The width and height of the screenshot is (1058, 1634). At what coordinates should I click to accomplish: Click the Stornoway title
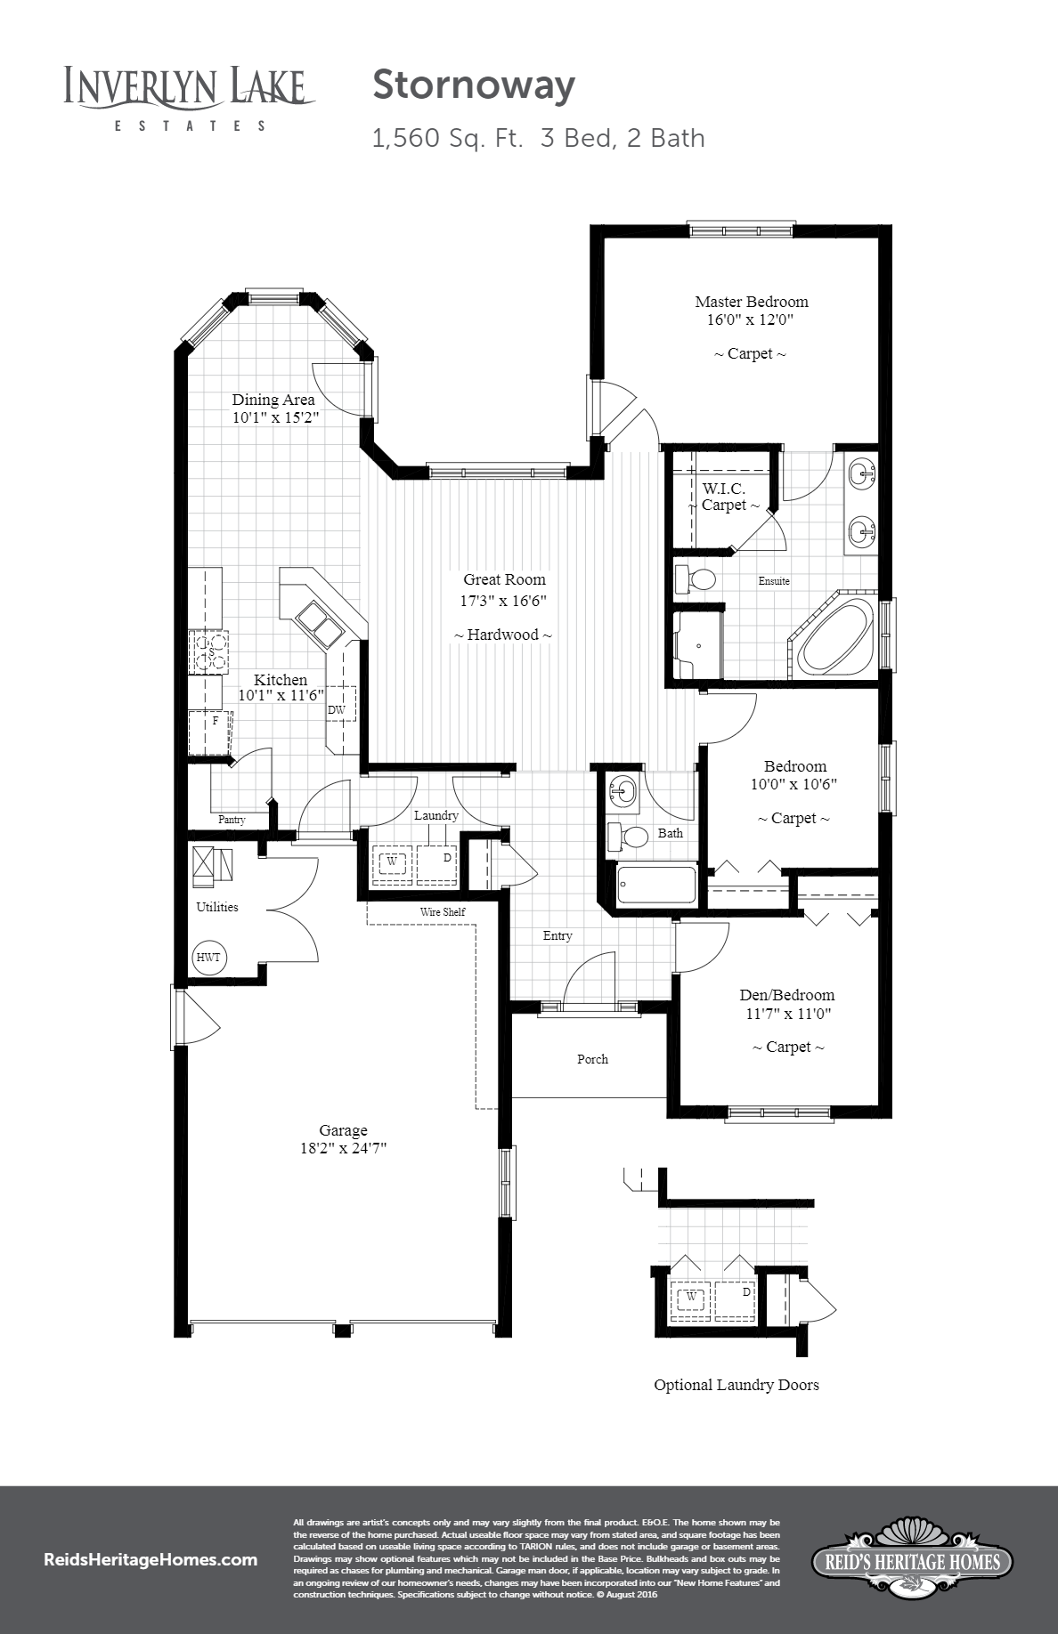[473, 86]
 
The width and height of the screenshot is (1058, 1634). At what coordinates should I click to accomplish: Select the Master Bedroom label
[751, 302]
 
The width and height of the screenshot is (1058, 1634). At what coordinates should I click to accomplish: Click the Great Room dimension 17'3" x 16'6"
[502, 601]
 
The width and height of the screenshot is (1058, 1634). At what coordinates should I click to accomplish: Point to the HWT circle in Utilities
[209, 958]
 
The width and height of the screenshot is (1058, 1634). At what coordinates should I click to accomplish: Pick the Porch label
[592, 1059]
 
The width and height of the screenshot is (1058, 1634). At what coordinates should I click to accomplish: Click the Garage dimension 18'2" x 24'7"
[343, 1149]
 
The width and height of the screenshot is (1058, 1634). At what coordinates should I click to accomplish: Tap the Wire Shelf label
[443, 912]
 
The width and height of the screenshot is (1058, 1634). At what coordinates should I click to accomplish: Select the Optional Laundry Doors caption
[736, 1385]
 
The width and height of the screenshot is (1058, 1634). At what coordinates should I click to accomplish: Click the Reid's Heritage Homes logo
[911, 1559]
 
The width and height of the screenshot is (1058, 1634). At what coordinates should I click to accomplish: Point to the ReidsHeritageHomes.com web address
[151, 1560]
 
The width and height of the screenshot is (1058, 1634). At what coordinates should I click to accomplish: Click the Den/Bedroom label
[786, 995]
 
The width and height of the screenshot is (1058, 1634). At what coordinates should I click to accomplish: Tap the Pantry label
[232, 820]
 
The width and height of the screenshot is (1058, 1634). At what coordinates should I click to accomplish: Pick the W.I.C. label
[723, 489]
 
